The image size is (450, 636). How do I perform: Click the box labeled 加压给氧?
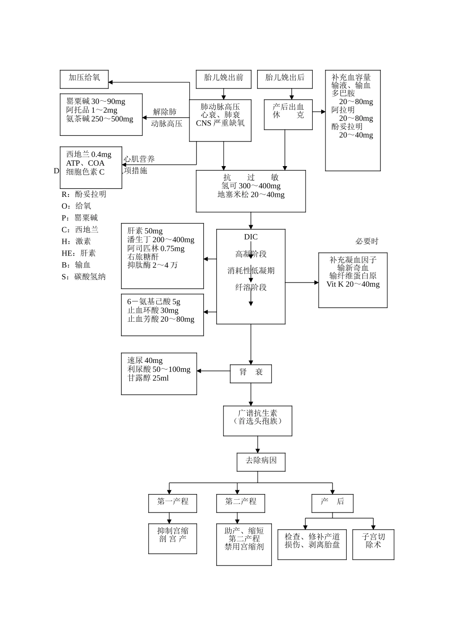tap(84, 79)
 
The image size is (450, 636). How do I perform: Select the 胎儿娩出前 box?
tap(224, 79)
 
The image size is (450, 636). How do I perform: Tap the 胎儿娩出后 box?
tap(285, 79)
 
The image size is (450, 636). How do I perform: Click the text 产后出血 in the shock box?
tap(288, 107)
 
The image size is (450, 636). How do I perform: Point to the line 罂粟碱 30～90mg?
tap(96, 102)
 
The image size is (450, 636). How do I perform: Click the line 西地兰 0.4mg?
tap(89, 155)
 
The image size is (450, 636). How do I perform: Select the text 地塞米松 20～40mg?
tap(251, 194)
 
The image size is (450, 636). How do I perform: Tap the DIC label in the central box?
tap(251, 237)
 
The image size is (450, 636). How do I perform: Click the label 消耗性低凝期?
tap(251, 271)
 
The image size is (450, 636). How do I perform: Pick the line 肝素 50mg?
tap(144, 231)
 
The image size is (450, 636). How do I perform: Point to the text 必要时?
tap(367, 241)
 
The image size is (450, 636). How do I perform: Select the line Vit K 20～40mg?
tap(353, 284)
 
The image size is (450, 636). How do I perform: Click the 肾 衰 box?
tap(251, 373)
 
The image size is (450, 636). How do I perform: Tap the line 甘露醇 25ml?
tap(148, 378)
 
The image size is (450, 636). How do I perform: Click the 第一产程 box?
tap(172, 502)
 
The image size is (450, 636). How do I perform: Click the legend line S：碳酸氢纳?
tap(83, 277)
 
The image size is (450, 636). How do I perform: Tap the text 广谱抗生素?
tap(258, 413)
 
